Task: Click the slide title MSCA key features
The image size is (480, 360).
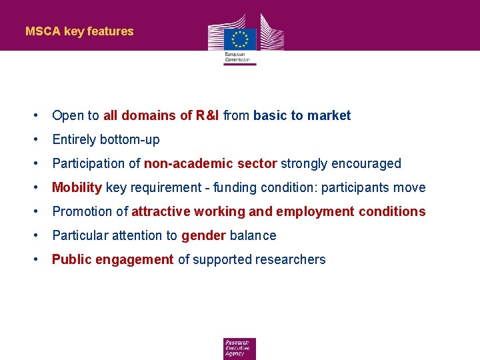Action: (x=79, y=31)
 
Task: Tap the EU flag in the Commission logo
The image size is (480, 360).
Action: (x=240, y=38)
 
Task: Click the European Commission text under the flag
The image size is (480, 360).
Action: (x=237, y=56)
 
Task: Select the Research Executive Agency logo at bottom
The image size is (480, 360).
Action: (x=239, y=349)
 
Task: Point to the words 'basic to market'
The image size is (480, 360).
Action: (x=302, y=115)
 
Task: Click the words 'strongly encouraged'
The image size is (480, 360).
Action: (x=341, y=163)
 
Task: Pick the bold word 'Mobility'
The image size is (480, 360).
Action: (x=77, y=187)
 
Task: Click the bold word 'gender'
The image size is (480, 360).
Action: (x=203, y=235)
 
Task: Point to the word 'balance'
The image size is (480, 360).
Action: (x=253, y=235)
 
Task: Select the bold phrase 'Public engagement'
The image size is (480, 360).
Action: (x=113, y=259)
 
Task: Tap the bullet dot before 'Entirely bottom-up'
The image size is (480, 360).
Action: (x=35, y=139)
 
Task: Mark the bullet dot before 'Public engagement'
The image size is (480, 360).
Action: (x=35, y=259)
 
